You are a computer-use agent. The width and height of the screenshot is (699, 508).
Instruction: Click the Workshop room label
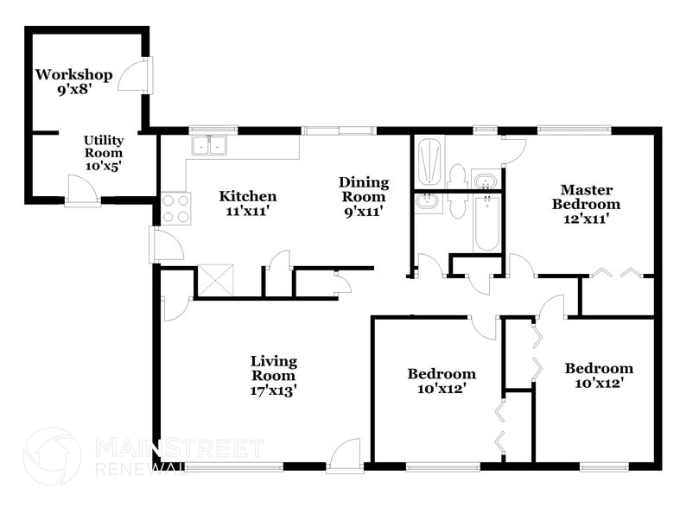[x=73, y=75]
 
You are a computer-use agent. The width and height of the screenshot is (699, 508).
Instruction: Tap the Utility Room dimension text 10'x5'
[x=103, y=166]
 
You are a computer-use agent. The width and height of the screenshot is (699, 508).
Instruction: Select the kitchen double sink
[x=209, y=145]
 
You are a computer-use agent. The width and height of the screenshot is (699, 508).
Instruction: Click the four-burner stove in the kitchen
[x=176, y=208]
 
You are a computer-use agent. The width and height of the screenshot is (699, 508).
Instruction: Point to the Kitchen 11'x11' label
[x=247, y=203]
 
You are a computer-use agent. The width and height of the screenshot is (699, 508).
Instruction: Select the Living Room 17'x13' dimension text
[x=274, y=390]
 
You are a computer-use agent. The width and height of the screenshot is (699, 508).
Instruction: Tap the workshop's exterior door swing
[x=134, y=76]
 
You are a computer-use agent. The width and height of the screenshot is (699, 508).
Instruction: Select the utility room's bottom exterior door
[x=83, y=191]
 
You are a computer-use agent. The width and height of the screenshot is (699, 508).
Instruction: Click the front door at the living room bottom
[x=344, y=455]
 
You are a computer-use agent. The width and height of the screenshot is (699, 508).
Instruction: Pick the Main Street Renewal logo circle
[x=52, y=456]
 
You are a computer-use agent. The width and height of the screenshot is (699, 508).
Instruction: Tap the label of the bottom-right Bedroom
[x=599, y=375]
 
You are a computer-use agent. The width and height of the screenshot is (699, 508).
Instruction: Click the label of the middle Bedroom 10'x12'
[x=442, y=381]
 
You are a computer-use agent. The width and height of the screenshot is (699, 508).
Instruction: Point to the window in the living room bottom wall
[x=233, y=467]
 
